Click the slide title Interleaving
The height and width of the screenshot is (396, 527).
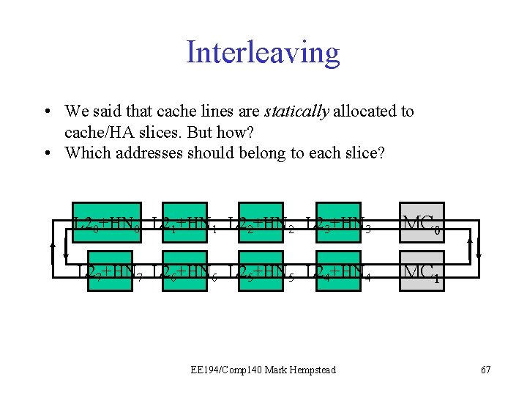[x=263, y=53]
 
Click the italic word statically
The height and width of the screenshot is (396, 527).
[x=296, y=111]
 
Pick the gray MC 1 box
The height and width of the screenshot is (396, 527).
[x=422, y=272]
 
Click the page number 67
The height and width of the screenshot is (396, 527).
[x=486, y=370]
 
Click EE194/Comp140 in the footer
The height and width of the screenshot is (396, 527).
[x=221, y=370]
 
